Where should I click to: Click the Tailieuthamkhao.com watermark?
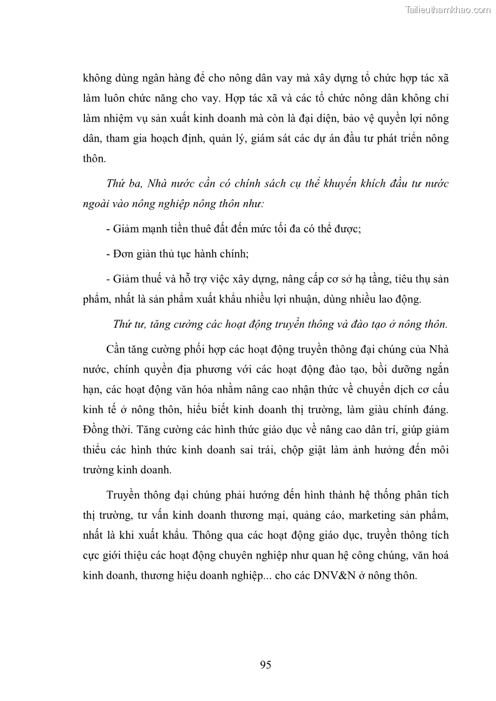coord(449,9)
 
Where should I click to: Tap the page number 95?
coord(265,665)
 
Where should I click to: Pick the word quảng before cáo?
coord(311,516)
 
